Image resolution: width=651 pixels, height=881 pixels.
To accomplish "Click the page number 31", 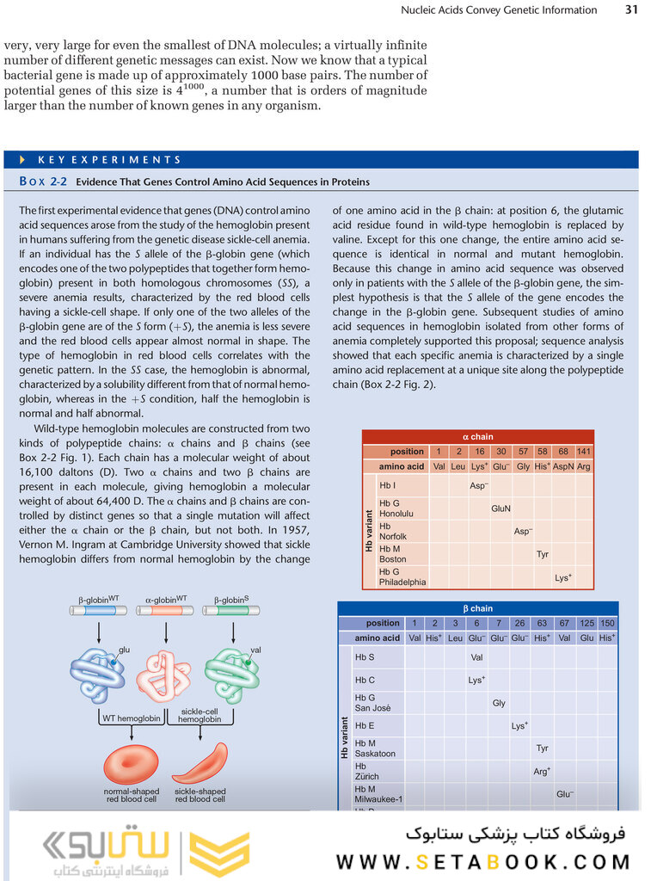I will point(631,10).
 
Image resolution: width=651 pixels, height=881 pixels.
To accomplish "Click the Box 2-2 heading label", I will point(44,182).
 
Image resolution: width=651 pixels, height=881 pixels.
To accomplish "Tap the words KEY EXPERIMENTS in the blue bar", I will point(109,160).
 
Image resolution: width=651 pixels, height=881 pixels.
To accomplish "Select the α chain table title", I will point(478,437).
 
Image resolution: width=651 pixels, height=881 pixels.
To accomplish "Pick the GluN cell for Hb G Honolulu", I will point(501,508).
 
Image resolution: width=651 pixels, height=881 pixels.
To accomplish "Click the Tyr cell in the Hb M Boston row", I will point(543,554).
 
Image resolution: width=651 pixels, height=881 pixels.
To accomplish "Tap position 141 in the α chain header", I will point(584,452).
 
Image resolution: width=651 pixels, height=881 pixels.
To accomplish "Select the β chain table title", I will point(478,609).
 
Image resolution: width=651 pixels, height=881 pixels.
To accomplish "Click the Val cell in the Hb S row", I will point(476,657).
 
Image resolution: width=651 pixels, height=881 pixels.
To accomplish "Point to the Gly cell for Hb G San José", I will point(499,703).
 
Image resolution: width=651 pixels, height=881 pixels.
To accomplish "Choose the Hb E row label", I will point(365,725).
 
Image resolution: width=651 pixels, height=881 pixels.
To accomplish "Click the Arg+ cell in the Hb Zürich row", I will point(542,771).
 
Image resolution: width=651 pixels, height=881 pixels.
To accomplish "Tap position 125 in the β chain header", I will point(586,623).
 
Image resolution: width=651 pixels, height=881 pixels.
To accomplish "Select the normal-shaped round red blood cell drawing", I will point(131,763).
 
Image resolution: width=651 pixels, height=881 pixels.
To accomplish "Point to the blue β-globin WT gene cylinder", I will point(98,611).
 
